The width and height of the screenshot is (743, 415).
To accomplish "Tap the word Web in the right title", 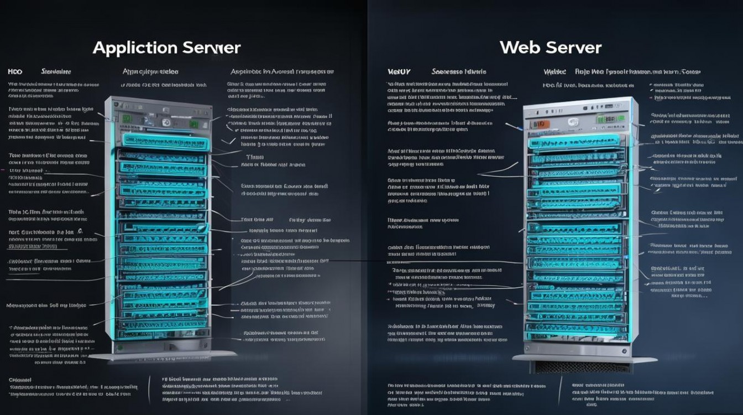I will pos(520,48).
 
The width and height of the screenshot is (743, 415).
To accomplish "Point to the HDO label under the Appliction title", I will pos(15,72).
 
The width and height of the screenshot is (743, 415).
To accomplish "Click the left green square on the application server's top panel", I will pos(127,118).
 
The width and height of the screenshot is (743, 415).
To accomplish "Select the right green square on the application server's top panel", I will pos(194,124).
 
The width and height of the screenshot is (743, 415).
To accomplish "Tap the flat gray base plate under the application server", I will pos(163,356).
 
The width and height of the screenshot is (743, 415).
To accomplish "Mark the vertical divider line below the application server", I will pos(150,387).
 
